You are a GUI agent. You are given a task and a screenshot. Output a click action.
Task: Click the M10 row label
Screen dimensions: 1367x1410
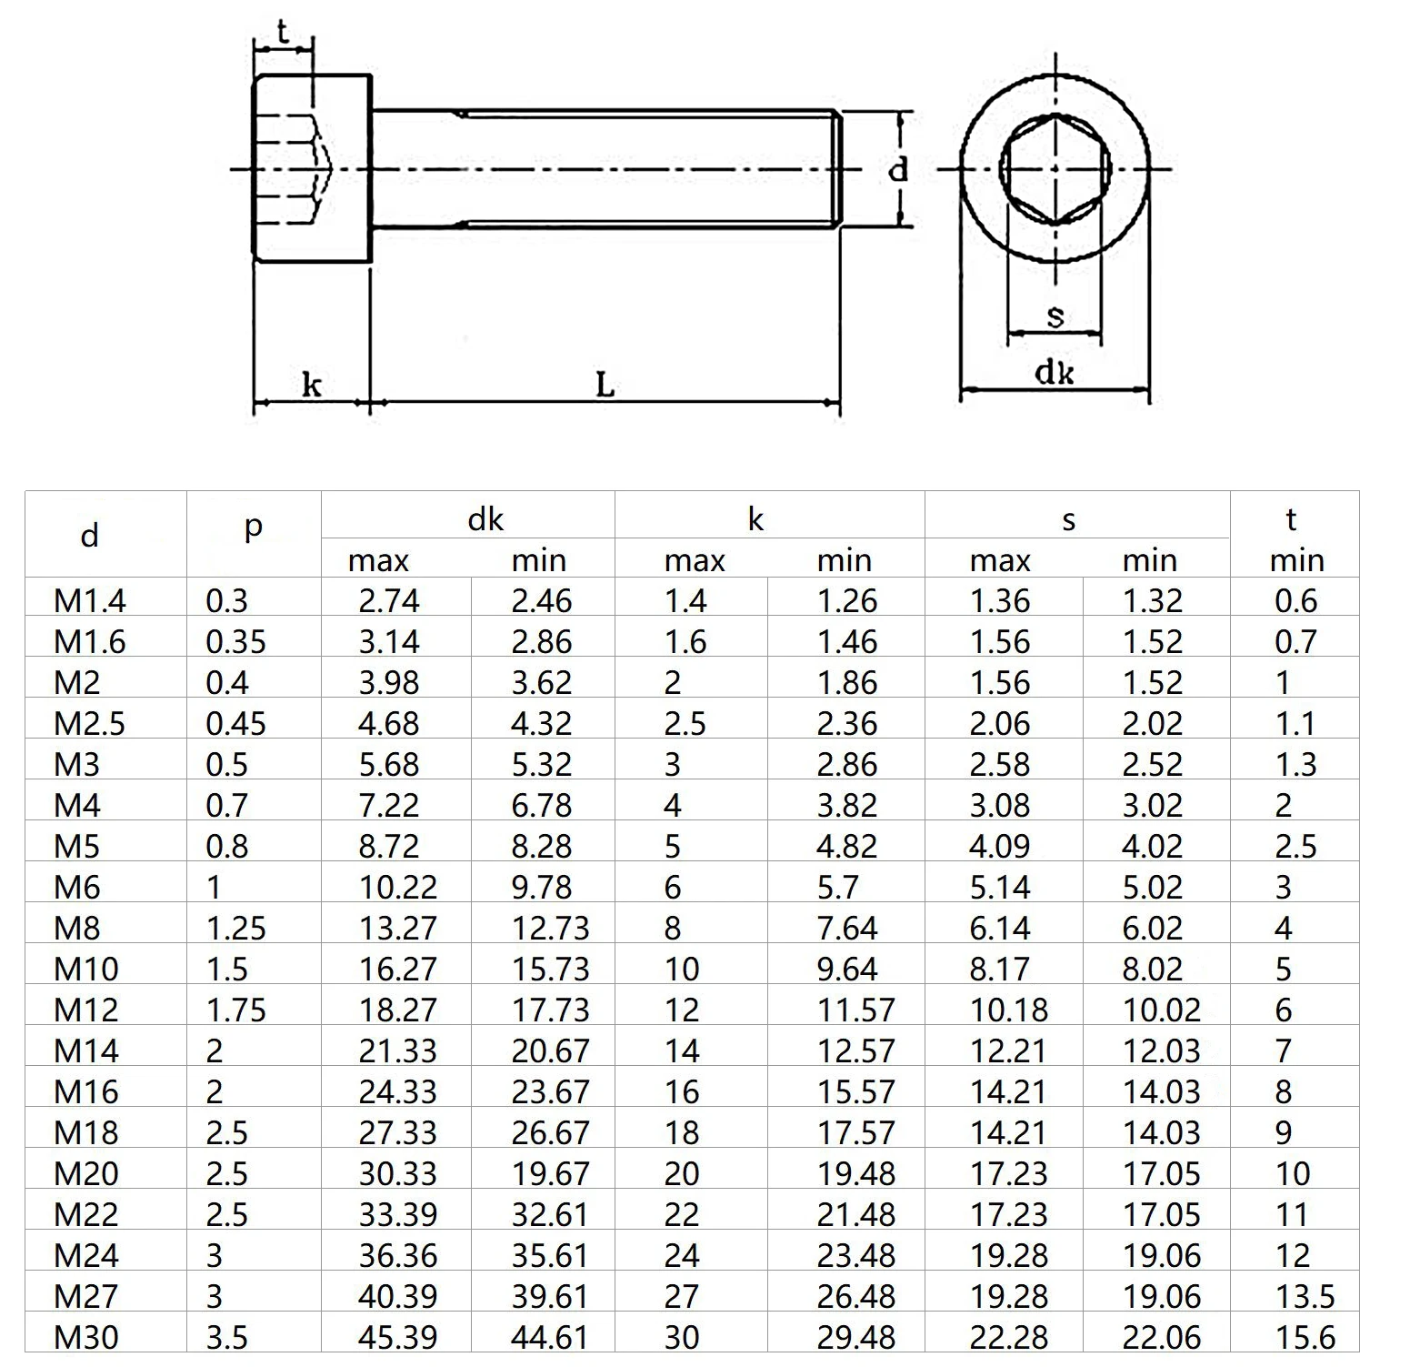click(86, 969)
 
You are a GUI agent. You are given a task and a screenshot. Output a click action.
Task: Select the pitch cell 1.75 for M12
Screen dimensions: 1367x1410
click(235, 1010)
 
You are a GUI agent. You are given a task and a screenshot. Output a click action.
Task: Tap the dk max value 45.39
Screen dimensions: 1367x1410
click(397, 1337)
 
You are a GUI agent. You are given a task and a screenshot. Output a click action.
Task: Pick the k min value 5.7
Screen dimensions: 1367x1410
click(836, 887)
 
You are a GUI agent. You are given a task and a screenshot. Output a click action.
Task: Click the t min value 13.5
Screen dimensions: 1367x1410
click(1305, 1296)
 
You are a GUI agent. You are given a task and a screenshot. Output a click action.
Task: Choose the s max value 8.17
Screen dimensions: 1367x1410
click(999, 969)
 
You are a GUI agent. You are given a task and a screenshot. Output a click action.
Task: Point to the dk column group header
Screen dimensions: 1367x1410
click(485, 518)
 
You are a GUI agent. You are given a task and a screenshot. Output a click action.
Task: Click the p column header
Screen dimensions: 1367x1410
click(254, 527)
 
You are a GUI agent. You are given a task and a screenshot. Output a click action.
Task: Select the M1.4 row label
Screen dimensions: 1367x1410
click(90, 600)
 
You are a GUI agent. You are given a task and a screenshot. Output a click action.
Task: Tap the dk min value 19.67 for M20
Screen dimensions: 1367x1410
click(550, 1173)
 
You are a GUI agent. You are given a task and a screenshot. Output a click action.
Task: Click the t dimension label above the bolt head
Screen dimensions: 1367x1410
click(283, 34)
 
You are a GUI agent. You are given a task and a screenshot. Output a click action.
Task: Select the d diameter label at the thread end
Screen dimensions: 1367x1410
click(898, 169)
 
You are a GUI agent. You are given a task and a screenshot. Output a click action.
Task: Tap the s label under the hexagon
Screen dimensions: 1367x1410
click(1055, 317)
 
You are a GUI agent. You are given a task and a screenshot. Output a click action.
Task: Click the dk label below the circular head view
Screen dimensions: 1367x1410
click(1055, 372)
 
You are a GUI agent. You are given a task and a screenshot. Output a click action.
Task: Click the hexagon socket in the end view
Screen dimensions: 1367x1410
click(1055, 169)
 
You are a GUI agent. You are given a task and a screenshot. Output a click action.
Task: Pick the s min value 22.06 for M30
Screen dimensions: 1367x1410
click(1161, 1337)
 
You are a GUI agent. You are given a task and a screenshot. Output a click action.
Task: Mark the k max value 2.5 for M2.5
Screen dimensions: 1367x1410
click(685, 723)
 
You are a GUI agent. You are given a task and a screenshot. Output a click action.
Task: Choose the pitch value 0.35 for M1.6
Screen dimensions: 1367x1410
click(235, 641)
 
